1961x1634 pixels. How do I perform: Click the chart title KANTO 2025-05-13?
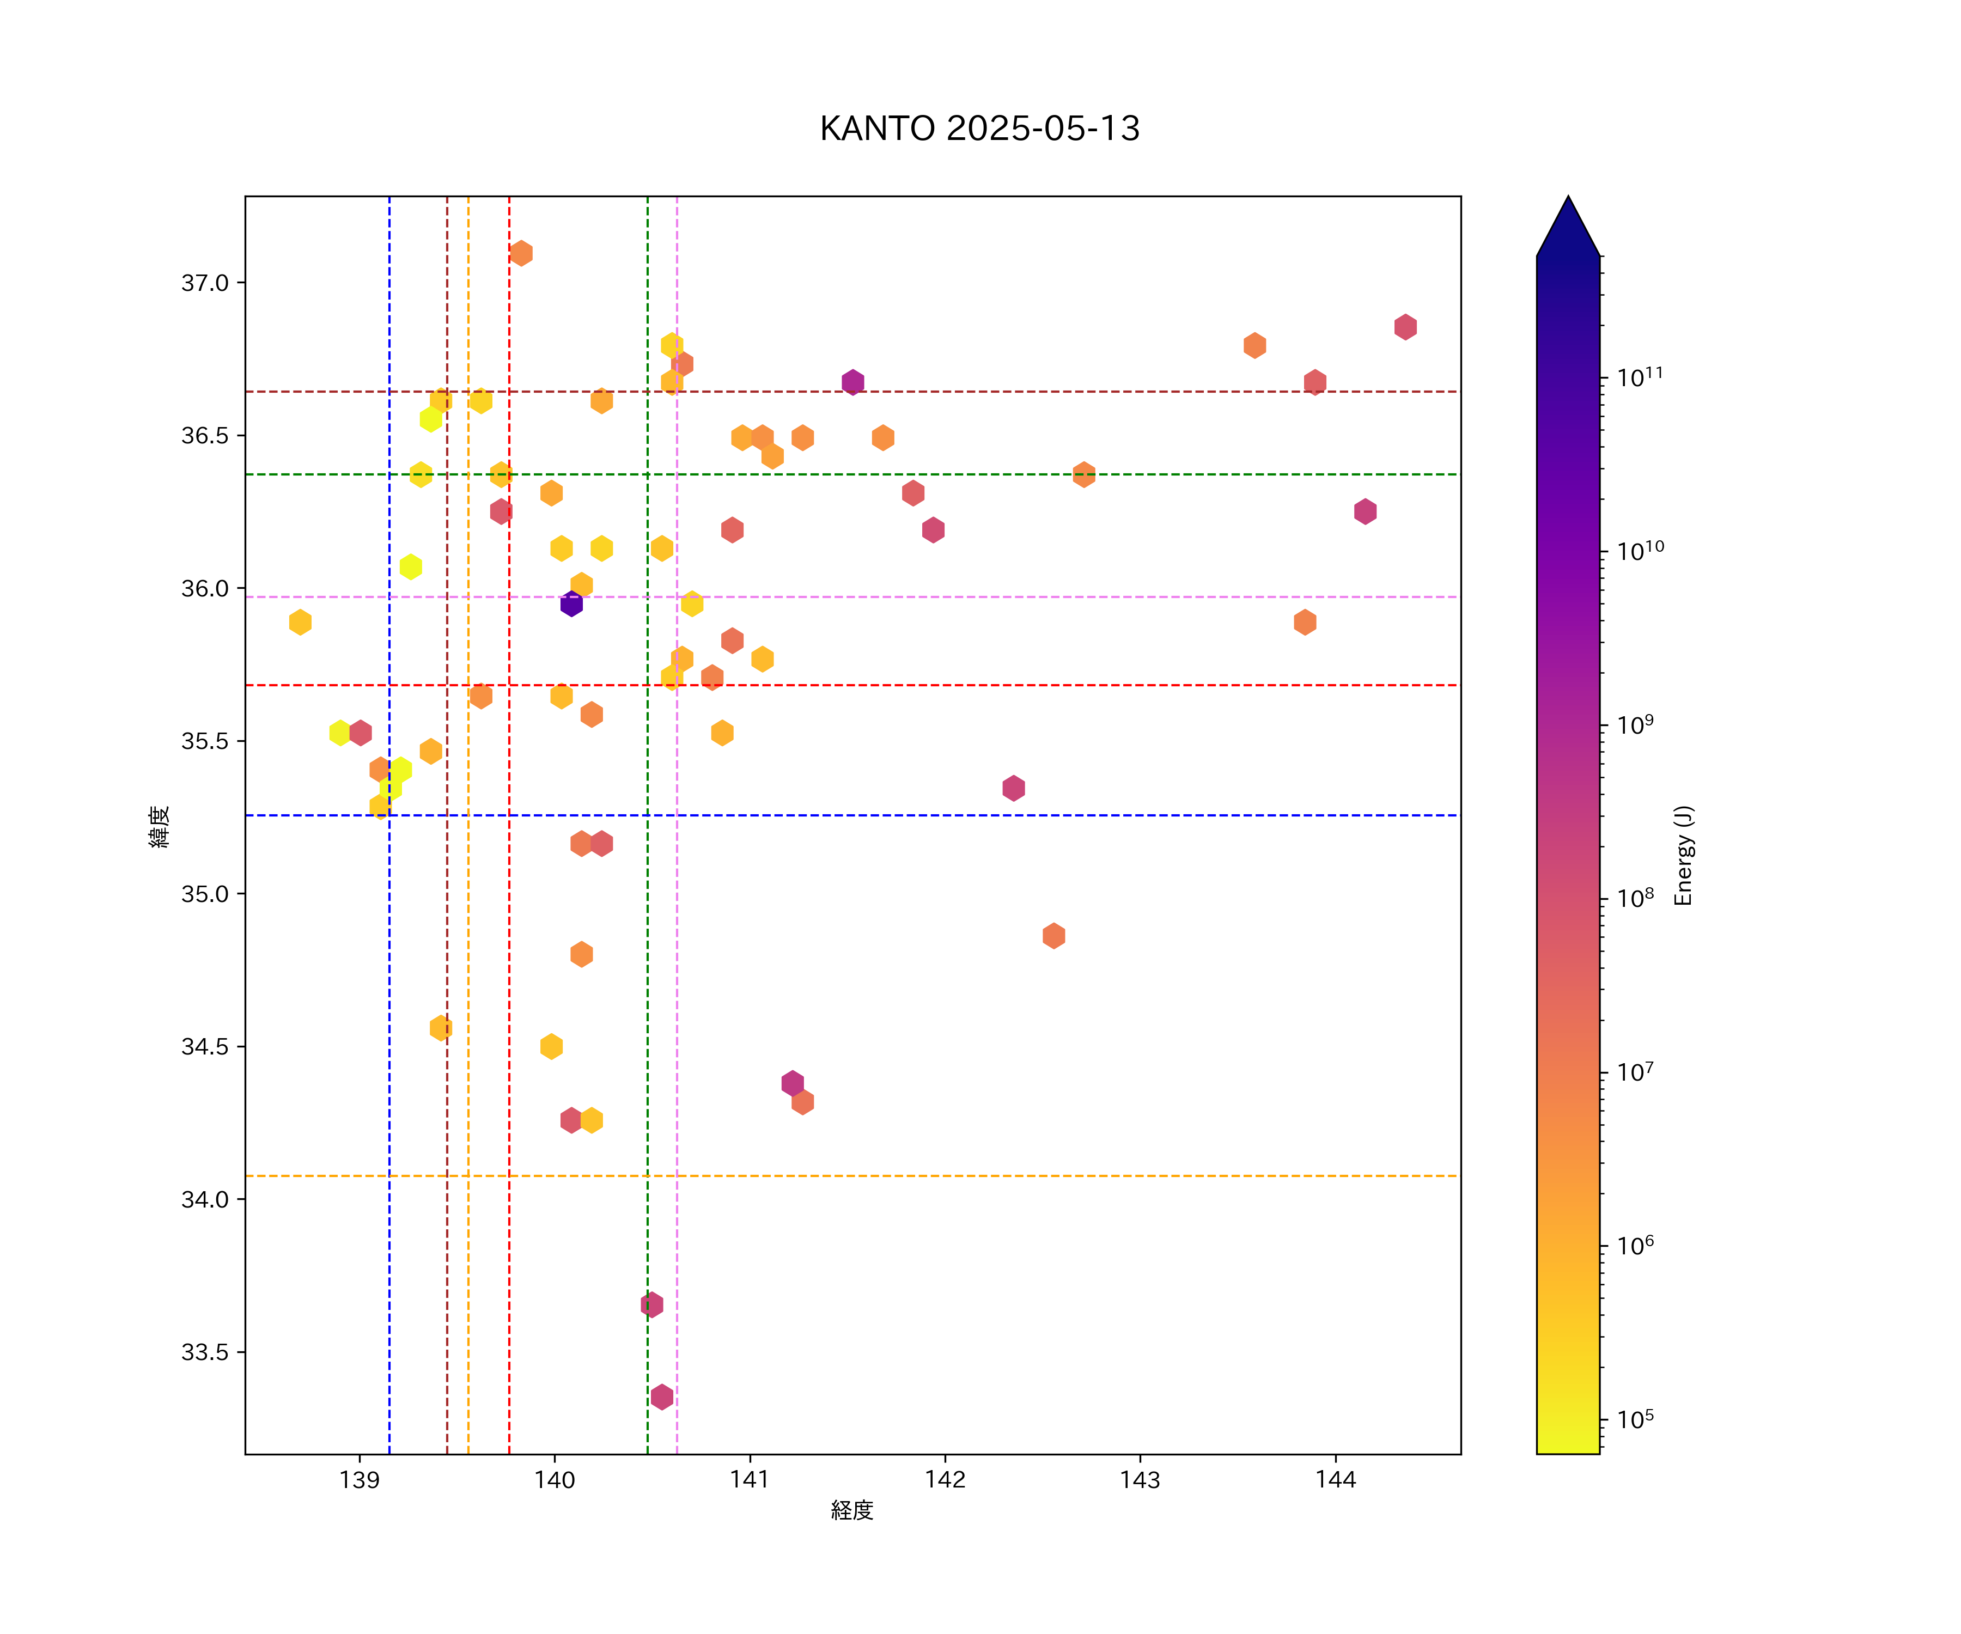click(979, 129)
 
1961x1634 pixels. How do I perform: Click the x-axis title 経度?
click(851, 1510)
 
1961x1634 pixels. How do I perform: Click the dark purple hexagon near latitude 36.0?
click(571, 604)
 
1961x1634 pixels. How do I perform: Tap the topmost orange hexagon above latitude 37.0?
click(521, 253)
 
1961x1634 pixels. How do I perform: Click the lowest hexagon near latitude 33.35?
click(662, 1397)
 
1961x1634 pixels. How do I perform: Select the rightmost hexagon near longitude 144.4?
click(1405, 327)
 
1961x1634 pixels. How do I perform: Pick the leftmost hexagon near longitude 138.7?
click(300, 622)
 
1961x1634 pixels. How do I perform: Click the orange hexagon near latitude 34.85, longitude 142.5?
click(1053, 936)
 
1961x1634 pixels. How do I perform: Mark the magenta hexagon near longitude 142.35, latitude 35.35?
click(1013, 788)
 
